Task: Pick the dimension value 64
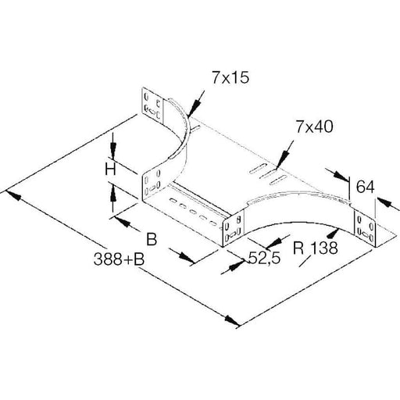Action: (x=365, y=187)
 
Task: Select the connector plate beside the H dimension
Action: (x=154, y=184)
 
